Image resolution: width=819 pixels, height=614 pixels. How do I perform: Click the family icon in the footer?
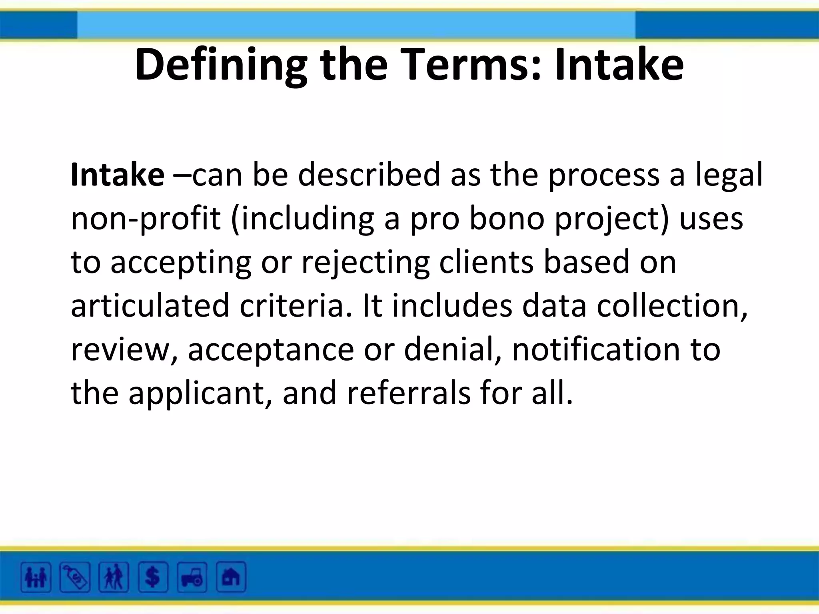tap(36, 577)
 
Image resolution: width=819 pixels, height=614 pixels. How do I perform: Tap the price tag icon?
tap(75, 577)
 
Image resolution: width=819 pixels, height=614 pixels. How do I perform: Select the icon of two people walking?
tap(114, 577)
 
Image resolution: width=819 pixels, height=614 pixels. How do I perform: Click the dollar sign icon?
tap(153, 577)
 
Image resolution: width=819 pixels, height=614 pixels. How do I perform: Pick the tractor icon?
tap(192, 577)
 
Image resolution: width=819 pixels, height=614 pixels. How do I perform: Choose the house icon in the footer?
tap(231, 577)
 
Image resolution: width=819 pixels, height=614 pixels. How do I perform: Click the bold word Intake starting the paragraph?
tap(117, 175)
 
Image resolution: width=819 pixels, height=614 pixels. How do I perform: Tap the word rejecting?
tap(365, 263)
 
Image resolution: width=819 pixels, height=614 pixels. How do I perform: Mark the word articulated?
tap(150, 306)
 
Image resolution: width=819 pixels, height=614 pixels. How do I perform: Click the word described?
tap(369, 175)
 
